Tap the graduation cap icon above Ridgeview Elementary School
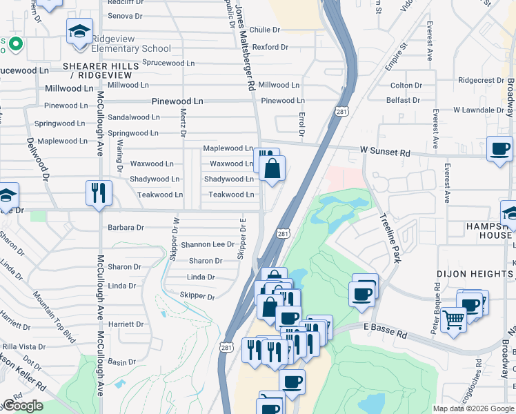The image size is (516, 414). point(79,32)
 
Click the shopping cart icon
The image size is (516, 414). point(453,319)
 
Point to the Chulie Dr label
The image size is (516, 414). point(265,30)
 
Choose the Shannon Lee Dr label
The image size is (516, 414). point(208,244)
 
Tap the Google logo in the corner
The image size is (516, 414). point(22,406)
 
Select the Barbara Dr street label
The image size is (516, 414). point(126,227)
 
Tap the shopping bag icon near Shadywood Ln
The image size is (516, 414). point(272,169)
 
